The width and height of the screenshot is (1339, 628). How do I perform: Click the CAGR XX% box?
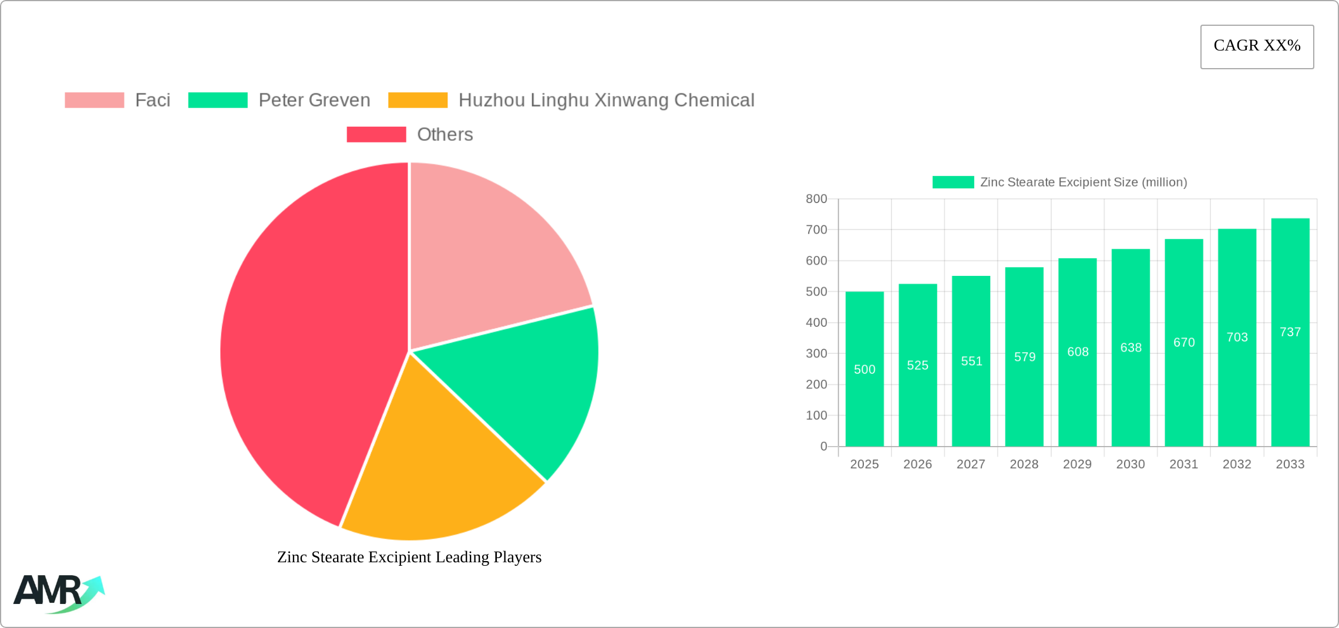(1257, 46)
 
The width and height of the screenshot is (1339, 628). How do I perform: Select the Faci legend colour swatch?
(94, 100)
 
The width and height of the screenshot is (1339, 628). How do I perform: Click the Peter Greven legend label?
(314, 100)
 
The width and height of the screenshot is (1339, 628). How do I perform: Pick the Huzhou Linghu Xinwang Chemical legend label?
(606, 100)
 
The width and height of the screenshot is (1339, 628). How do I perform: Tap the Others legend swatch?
(376, 134)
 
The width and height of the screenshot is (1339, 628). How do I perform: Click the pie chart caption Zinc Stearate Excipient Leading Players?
(409, 557)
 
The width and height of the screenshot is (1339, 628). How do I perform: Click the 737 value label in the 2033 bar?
(1290, 332)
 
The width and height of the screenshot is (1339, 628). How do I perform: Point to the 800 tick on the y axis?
(816, 199)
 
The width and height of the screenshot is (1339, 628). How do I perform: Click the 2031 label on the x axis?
(1183, 464)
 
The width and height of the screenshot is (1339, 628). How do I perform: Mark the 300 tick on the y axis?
(816, 353)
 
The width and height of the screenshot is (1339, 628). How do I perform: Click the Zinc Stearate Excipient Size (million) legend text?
(1084, 183)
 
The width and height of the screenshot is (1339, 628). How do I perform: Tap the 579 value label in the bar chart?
(1024, 357)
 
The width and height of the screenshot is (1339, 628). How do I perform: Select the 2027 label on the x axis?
(971, 464)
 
